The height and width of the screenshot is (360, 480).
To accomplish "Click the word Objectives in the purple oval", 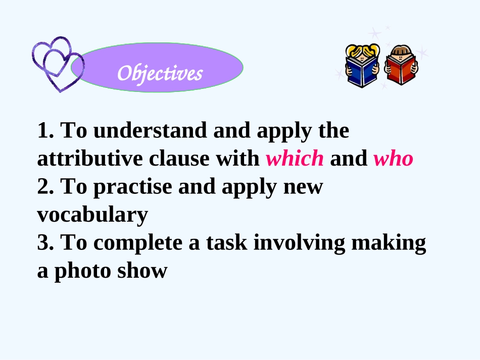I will click(160, 73).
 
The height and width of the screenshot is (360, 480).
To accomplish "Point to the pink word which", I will click(295, 159).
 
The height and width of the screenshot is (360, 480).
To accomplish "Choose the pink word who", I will click(393, 159).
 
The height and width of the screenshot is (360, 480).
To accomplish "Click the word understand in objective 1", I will click(150, 130).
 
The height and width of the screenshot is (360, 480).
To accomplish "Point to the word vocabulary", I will click(92, 215).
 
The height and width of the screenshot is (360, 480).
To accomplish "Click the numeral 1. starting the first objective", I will click(45, 130).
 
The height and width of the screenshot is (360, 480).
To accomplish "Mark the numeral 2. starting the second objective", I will click(45, 187).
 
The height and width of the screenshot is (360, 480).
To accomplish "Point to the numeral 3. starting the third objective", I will click(45, 243).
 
